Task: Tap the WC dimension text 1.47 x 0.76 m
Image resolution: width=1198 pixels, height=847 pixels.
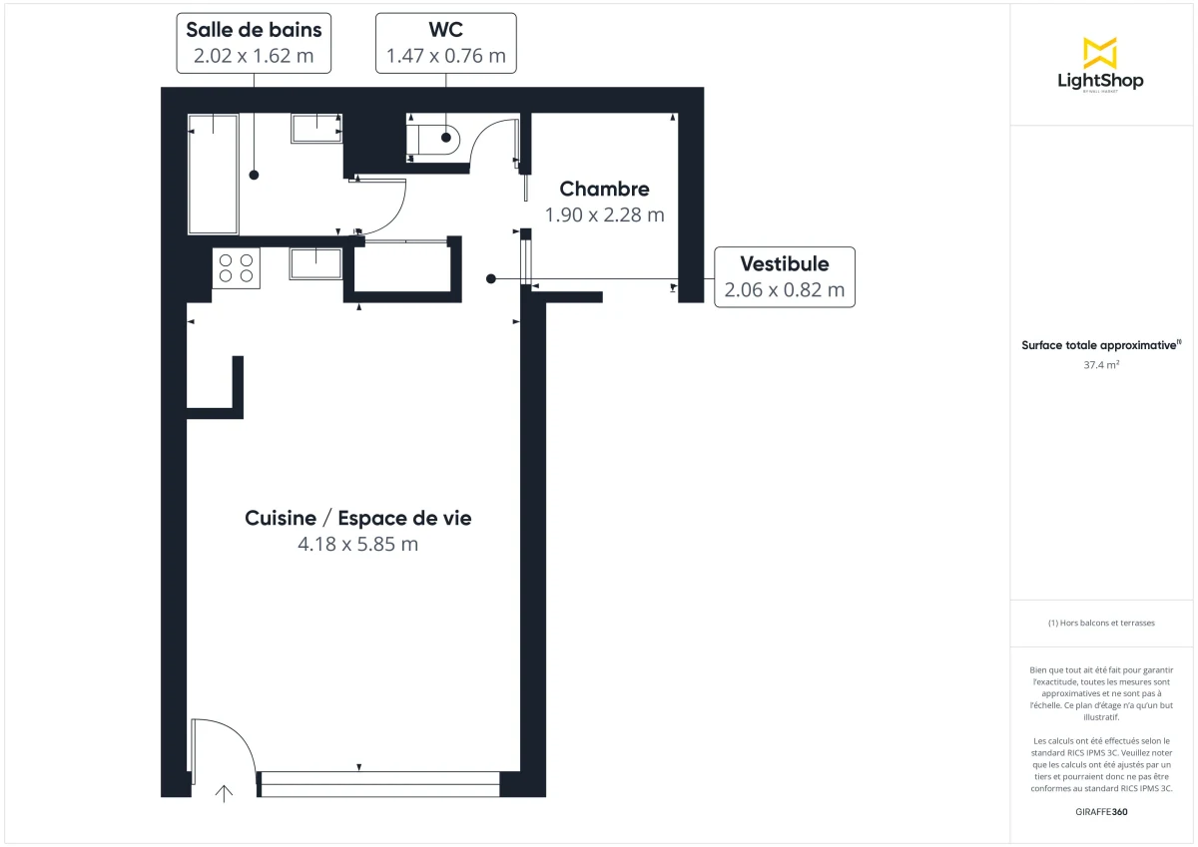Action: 446,56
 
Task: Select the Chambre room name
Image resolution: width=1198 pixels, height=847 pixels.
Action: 604,189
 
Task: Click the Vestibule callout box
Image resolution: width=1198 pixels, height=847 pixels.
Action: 784,276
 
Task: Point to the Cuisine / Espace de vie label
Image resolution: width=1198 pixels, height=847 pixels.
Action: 357,518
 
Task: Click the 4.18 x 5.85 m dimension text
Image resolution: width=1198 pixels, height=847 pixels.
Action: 357,545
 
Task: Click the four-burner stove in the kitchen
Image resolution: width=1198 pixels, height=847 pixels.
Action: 237,268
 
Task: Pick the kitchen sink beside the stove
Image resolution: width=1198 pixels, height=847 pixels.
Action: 316,264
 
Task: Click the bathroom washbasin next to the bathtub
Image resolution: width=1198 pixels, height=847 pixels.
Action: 316,128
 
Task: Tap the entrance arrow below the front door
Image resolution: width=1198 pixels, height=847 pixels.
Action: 226,793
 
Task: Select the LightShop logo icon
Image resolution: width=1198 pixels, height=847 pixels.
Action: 1100,53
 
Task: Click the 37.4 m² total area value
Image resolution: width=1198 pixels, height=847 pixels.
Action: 1100,365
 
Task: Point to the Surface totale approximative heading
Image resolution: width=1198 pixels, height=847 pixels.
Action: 1100,345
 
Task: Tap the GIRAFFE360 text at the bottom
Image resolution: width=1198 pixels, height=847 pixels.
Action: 1100,811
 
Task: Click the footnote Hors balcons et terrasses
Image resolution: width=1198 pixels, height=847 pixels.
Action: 1100,623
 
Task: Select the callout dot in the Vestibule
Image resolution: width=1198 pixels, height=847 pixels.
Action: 490,278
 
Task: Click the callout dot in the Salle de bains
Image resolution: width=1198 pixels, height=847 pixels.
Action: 254,175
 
